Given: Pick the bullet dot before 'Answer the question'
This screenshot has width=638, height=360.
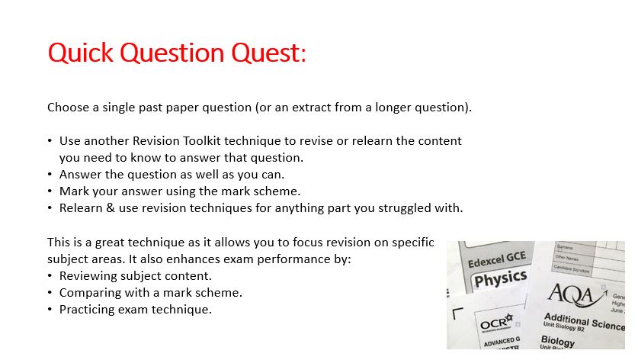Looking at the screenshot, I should click(x=50, y=175).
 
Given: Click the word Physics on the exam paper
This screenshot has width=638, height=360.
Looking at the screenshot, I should click(x=501, y=278).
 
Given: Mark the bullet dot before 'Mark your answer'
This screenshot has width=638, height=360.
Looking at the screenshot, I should click(x=50, y=191).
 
